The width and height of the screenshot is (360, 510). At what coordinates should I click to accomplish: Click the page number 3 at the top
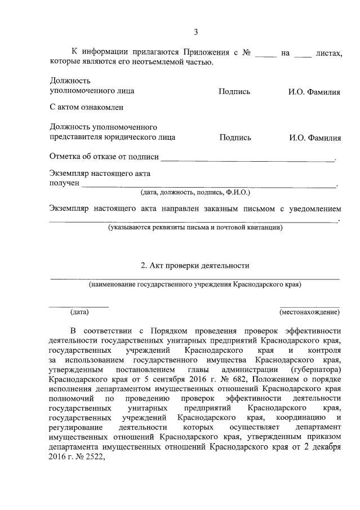195,32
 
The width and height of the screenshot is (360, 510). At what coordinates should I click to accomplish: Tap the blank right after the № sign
266,54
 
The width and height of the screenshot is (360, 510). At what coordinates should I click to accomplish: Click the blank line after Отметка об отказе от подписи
248,157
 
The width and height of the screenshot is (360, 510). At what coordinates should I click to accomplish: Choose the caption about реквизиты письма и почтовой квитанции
195,228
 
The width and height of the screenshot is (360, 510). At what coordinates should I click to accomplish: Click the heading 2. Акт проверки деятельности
194,265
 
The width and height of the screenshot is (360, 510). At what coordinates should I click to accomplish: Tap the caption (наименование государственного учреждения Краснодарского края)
195,285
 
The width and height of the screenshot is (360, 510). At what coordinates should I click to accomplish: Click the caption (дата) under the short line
79,312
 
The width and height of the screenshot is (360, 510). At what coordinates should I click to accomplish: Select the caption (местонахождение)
309,312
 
